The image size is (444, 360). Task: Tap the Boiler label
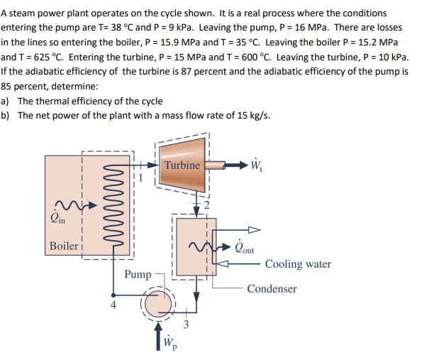(63, 246)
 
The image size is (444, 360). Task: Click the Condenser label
(272, 289)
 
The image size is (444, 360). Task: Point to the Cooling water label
(298, 264)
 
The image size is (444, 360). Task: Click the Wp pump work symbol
(169, 347)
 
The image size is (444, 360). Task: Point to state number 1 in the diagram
(141, 178)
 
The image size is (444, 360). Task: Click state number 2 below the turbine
(208, 205)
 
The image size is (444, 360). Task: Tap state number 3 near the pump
(187, 325)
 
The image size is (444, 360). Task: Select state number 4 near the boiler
(111, 307)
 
